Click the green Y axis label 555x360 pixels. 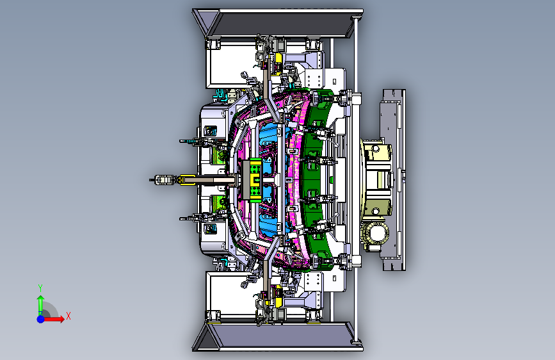pyautogui.click(x=40, y=288)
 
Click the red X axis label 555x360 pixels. pyautogui.click(x=68, y=316)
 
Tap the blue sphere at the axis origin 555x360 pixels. pyautogui.click(x=41, y=319)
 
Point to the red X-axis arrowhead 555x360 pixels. pyautogui.click(x=61, y=319)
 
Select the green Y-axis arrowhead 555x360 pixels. pyautogui.click(x=41, y=299)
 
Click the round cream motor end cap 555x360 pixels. pyautogui.click(x=376, y=234)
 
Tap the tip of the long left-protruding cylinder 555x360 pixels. pyautogui.click(x=150, y=180)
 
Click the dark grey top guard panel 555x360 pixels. pyautogui.click(x=283, y=24)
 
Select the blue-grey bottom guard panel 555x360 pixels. pyautogui.click(x=283, y=336)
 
